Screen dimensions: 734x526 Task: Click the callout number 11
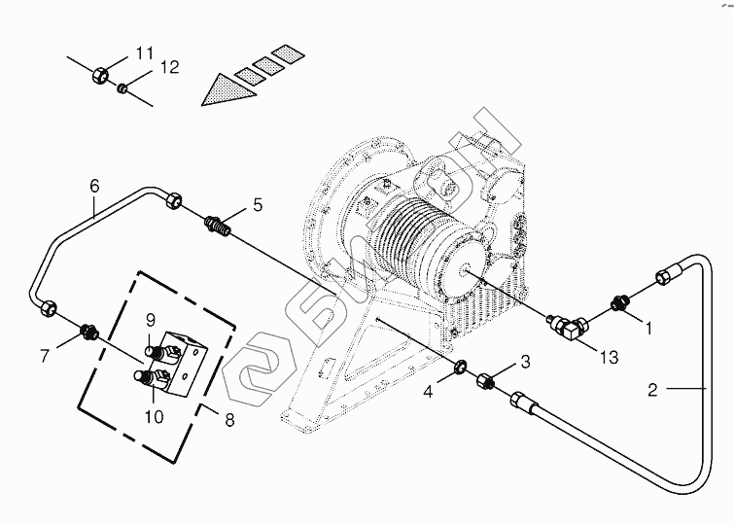click(x=145, y=53)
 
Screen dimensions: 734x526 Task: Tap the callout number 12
click(x=169, y=68)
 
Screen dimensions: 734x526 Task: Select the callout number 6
click(x=94, y=187)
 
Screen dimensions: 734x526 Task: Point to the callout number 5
click(x=258, y=205)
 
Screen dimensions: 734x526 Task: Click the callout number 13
click(x=609, y=358)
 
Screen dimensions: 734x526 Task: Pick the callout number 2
click(x=653, y=390)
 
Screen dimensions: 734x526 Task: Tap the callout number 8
click(x=229, y=420)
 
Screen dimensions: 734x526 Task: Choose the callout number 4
click(x=428, y=392)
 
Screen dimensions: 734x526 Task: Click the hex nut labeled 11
click(x=100, y=74)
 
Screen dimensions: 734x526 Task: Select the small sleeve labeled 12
click(x=122, y=88)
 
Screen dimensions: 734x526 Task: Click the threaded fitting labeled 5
click(x=218, y=226)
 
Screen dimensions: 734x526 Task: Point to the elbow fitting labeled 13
click(x=567, y=326)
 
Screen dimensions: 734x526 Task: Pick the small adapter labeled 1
click(x=619, y=302)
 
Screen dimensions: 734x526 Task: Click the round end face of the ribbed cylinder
click(x=466, y=270)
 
